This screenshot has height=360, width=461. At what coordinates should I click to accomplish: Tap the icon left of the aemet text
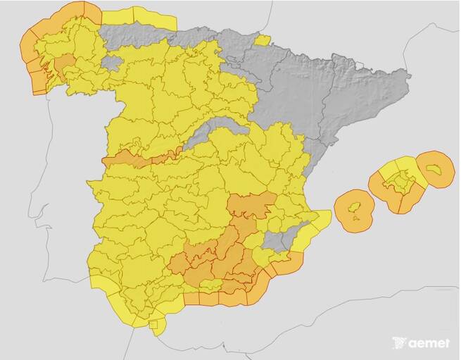coord(400,343)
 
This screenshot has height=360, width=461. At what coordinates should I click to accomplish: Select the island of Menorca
coord(436,168)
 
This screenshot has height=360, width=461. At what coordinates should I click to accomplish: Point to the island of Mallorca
coord(398,185)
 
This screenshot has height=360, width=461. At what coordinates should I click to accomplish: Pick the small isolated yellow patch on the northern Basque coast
coord(262,40)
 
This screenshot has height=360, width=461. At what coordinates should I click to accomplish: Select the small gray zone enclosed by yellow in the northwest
coord(112,63)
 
